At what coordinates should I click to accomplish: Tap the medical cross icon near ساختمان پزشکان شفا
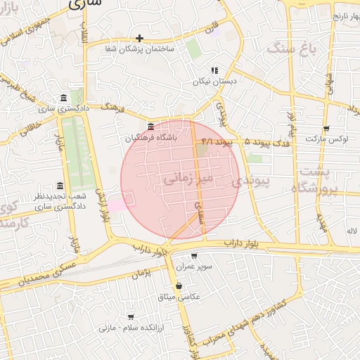(x=139, y=38)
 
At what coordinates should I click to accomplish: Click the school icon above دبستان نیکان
(x=214, y=70)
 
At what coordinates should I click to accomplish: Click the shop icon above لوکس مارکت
(x=326, y=128)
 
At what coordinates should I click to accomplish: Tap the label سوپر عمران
(x=194, y=267)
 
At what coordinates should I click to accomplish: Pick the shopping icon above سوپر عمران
(x=194, y=257)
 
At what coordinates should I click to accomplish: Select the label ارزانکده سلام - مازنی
(x=129, y=328)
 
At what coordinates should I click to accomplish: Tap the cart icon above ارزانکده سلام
(x=129, y=317)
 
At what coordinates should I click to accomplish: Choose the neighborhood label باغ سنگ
(x=288, y=48)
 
